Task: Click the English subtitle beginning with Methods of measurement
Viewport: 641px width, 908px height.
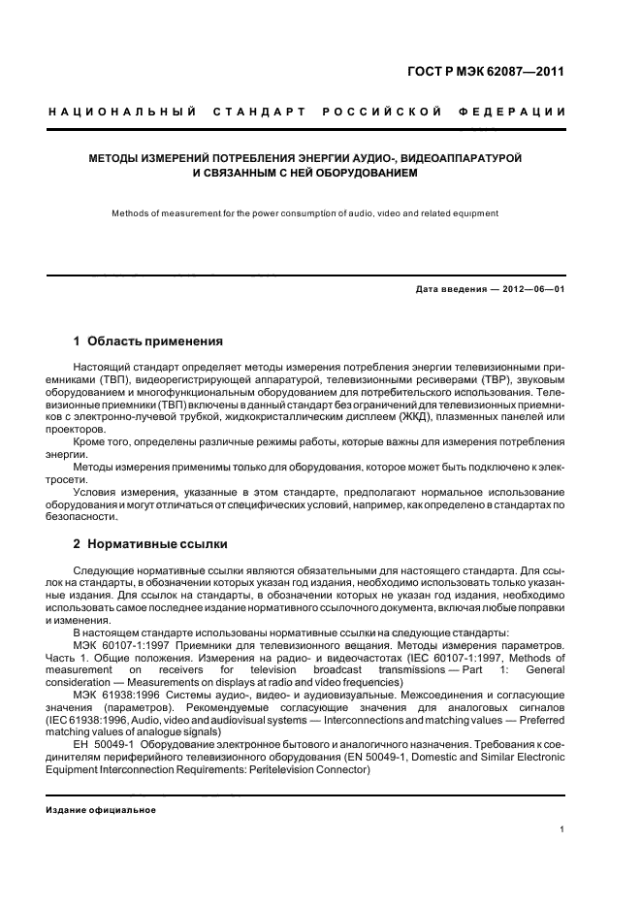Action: (x=304, y=212)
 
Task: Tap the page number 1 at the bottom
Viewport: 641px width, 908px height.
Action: (x=562, y=829)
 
